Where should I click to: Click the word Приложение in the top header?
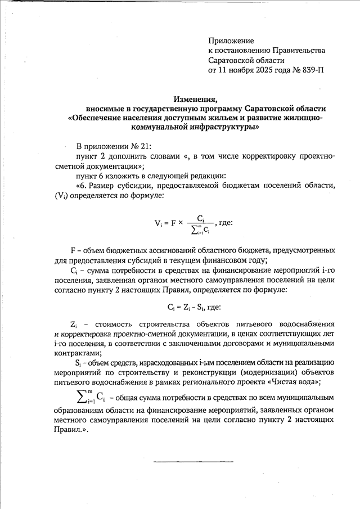coord(231,41)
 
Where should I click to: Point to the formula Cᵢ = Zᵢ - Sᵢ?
coord(194,307)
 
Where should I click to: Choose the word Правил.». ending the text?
coord(72,430)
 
